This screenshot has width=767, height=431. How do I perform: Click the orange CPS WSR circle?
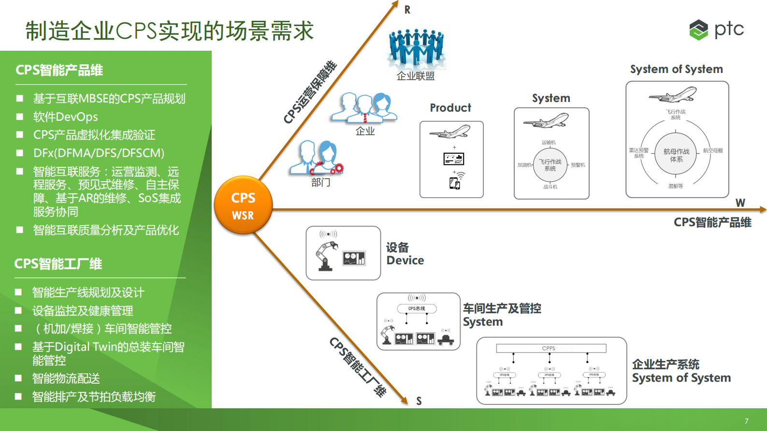pyautogui.click(x=243, y=205)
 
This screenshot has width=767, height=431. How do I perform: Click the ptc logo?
pyautogui.click(x=716, y=29)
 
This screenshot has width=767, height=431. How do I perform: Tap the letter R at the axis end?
pyautogui.click(x=407, y=10)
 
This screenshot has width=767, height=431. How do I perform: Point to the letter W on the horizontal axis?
pyautogui.click(x=740, y=203)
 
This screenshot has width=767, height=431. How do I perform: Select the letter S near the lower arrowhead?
pyautogui.click(x=419, y=401)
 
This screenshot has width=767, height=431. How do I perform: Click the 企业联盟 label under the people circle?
pyautogui.click(x=416, y=76)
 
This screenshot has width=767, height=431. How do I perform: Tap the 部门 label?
pyautogui.click(x=321, y=182)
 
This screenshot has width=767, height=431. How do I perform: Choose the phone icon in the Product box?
pyautogui.click(x=454, y=183)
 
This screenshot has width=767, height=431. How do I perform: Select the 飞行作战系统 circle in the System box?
pyautogui.click(x=550, y=165)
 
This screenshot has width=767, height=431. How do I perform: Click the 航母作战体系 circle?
pyautogui.click(x=676, y=155)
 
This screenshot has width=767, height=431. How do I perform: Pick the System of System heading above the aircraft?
pyautogui.click(x=676, y=69)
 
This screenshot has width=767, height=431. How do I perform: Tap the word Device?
pyautogui.click(x=405, y=260)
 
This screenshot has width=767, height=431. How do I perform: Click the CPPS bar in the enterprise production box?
pyautogui.click(x=551, y=348)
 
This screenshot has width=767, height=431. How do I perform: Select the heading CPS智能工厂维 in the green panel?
pyautogui.click(x=58, y=264)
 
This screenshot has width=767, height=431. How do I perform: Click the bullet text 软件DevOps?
pyautogui.click(x=65, y=117)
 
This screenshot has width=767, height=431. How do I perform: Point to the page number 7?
pyautogui.click(x=746, y=421)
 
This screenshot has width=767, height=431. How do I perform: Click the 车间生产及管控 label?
pyautogui.click(x=502, y=308)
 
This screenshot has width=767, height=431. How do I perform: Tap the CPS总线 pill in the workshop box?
pyautogui.click(x=417, y=308)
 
